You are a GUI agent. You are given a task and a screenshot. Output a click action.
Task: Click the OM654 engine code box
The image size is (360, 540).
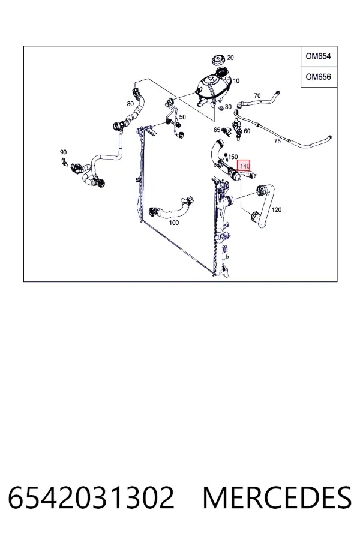point(319,56)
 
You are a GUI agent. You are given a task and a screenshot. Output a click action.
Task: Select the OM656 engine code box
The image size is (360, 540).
point(319,77)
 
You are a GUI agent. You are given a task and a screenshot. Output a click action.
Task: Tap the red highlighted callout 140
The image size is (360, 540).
point(244,166)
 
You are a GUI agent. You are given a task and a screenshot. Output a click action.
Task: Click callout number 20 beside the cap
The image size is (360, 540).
point(230,58)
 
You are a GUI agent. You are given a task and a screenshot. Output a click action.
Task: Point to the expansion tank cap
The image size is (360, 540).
point(218,60)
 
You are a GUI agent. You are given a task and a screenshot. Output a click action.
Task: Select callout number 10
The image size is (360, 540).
point(236,81)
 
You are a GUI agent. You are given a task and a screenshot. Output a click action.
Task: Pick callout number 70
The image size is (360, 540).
point(257,95)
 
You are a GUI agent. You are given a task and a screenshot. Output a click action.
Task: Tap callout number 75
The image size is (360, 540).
point(277,141)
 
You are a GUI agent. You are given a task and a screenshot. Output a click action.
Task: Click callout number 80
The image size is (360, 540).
point(130,104)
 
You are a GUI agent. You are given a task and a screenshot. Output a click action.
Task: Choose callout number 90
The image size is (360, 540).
point(64,152)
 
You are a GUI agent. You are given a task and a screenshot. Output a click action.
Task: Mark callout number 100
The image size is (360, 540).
point(174,223)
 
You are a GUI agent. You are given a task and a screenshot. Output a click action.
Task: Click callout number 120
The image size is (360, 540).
point(277,209)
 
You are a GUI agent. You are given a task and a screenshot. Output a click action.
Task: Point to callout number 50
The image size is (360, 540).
point(182,117)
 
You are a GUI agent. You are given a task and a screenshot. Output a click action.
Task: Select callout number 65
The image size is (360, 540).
point(217,130)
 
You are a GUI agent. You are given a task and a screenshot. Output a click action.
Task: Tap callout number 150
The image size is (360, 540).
point(233,157)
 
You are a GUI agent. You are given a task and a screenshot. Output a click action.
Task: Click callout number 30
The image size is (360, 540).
point(229,107)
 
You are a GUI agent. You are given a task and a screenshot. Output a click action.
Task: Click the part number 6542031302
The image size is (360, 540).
point(91,497)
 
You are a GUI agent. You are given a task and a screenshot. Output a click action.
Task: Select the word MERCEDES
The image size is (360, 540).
point(277,497)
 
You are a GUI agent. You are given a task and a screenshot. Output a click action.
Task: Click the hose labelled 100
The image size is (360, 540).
point(170,208)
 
